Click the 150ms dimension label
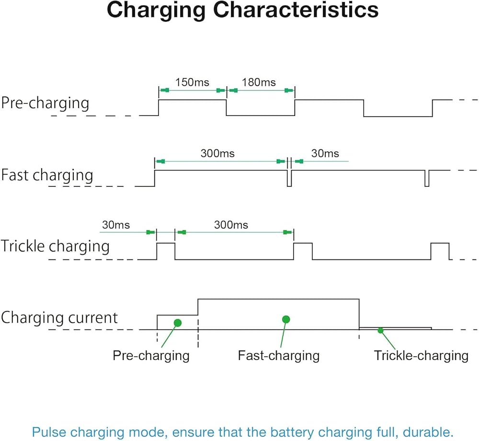tap(192, 82)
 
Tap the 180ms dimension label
tap(259, 82)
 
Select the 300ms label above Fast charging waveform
tap(217, 153)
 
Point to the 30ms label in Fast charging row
tap(325, 153)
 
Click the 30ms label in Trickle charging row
tap(116, 225)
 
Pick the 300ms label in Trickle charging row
tap(231, 225)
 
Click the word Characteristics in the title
tap(296, 10)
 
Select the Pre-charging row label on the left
tap(45, 103)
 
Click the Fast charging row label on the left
tap(47, 175)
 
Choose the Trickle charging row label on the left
tap(55, 246)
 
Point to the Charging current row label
tap(59, 317)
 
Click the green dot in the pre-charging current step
tap(178, 323)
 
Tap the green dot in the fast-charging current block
tap(286, 319)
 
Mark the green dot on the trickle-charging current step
tap(380, 330)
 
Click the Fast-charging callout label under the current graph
tap(279, 356)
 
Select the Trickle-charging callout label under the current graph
tap(421, 356)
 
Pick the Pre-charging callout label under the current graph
tap(151, 356)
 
